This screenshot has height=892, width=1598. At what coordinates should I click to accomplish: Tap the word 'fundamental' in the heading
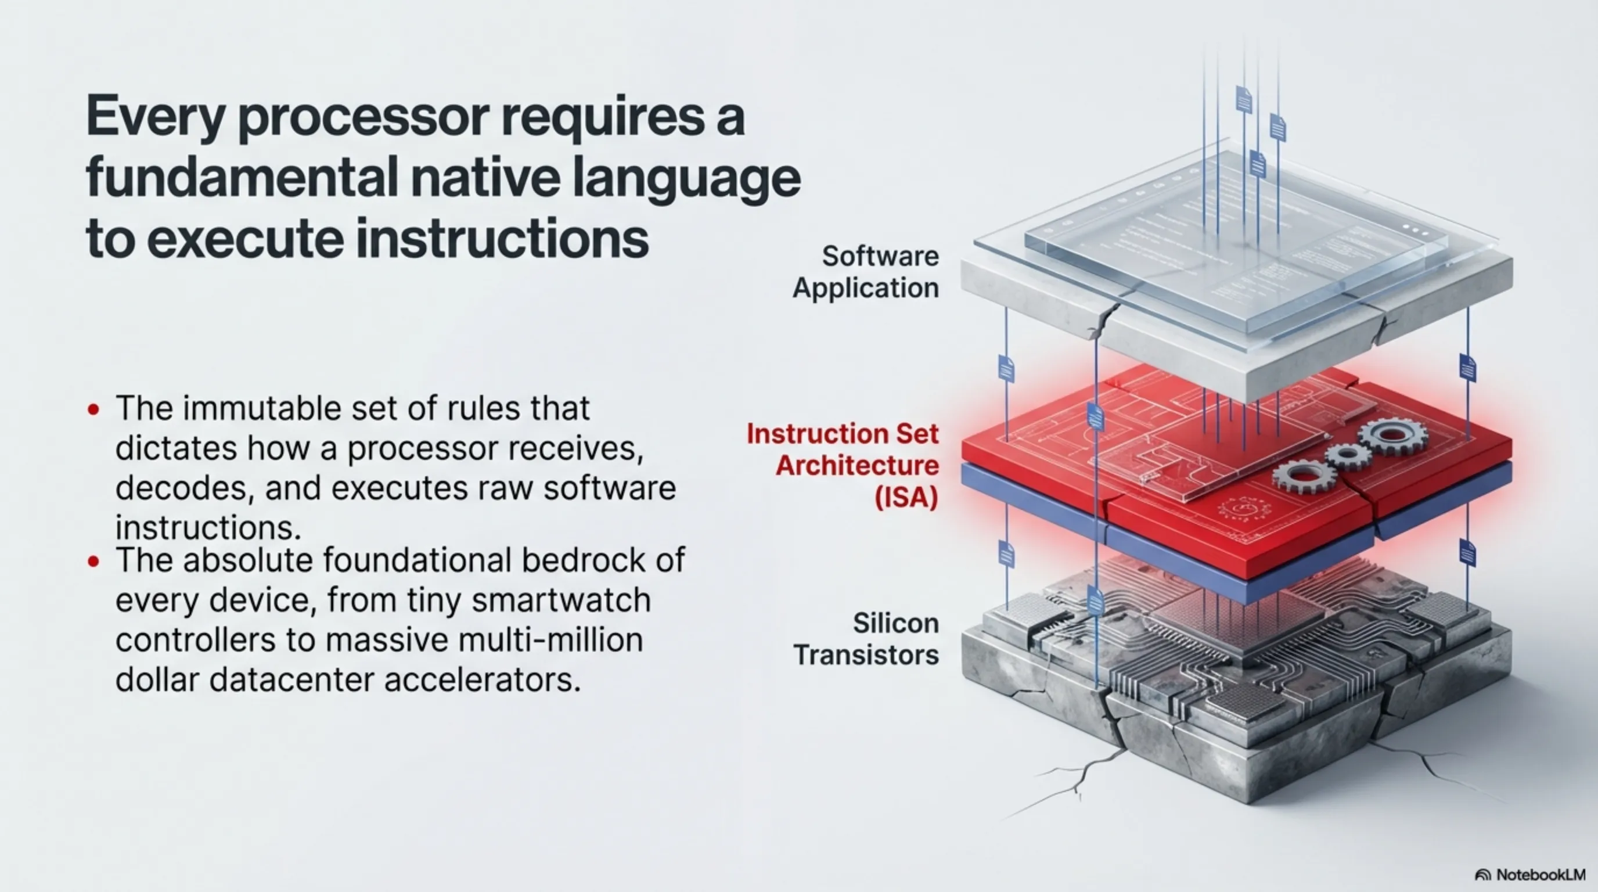click(242, 178)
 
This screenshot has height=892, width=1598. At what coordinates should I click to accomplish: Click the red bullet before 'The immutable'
click(93, 409)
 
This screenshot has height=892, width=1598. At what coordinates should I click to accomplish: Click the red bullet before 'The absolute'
click(93, 562)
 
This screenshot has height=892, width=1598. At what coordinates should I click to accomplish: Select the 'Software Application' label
click(866, 272)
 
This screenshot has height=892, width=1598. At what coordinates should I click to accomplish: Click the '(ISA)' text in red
click(906, 498)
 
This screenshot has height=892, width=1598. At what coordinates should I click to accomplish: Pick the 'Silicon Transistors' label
click(866, 639)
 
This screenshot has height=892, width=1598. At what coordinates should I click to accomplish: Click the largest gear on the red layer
click(1391, 436)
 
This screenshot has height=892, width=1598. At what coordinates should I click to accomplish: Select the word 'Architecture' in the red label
click(857, 465)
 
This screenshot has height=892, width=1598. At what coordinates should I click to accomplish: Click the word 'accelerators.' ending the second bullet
click(483, 680)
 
